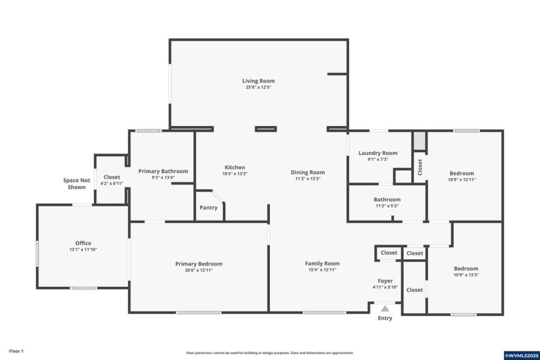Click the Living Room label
tap(258, 81)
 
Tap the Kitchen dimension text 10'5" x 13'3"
tap(235, 174)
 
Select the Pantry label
tap(208, 208)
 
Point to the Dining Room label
tap(307, 172)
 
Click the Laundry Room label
tap(377, 153)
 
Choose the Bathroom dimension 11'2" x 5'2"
tap(387, 206)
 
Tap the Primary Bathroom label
tap(163, 171)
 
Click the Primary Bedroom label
tap(199, 264)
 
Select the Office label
tap(83, 243)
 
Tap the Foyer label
tap(385, 281)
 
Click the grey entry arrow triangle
tap(384, 309)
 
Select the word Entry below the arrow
tap(384, 318)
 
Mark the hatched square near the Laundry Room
tap(419, 141)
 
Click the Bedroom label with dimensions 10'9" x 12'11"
tap(462, 173)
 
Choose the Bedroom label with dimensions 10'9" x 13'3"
tap(465, 269)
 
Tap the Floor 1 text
tap(16, 351)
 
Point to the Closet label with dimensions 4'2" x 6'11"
tap(111, 177)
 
